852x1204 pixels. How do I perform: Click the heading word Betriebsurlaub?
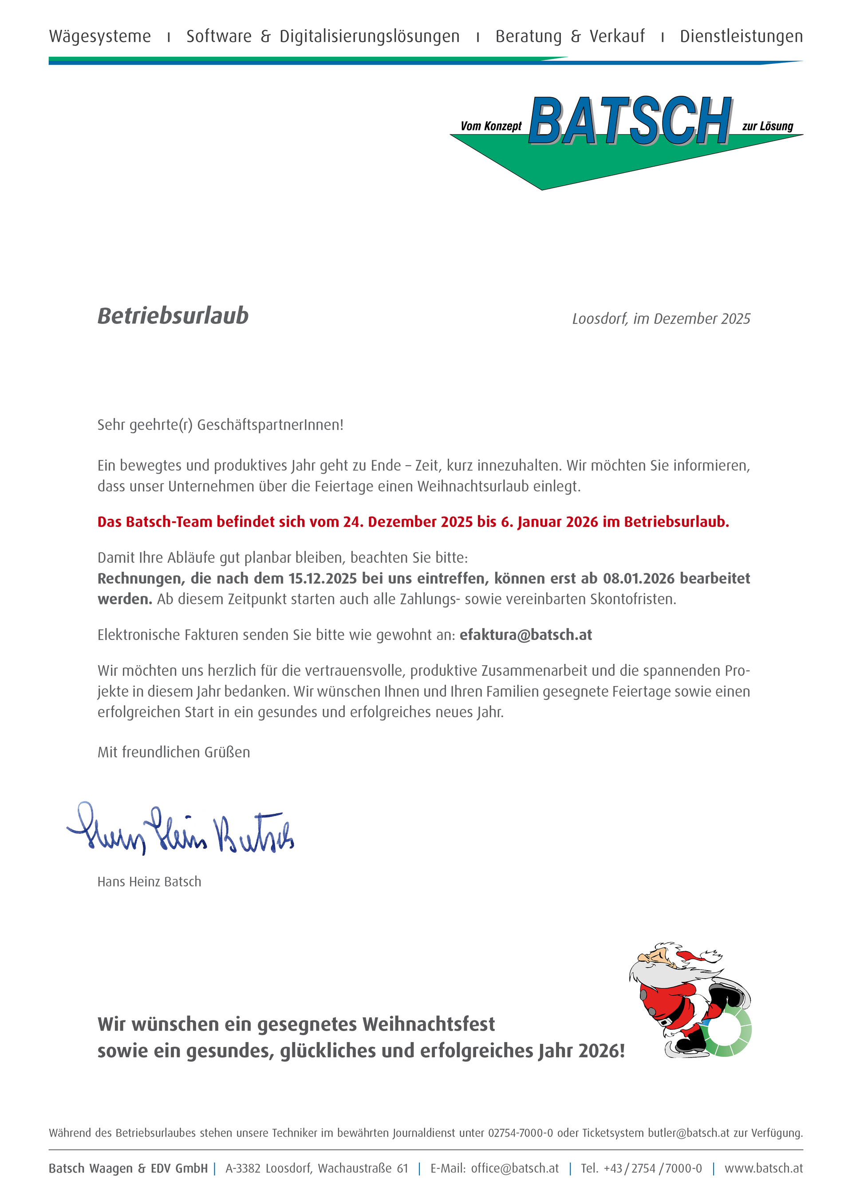click(x=173, y=316)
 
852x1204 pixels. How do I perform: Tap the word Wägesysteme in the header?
click(x=100, y=36)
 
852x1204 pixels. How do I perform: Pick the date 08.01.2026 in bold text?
click(x=639, y=578)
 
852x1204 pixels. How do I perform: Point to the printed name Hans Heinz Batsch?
click(x=149, y=882)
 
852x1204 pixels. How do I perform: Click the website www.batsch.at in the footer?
click(x=763, y=1169)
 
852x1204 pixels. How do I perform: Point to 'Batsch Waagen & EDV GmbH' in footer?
click(x=128, y=1169)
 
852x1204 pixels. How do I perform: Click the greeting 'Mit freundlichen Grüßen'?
click(x=174, y=753)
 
